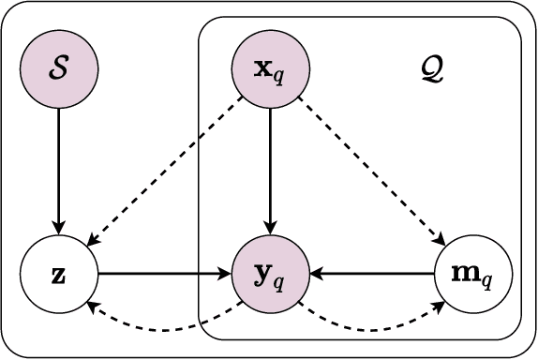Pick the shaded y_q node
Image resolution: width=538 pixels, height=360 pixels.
(x=270, y=274)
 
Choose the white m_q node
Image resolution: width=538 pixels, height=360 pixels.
(x=473, y=274)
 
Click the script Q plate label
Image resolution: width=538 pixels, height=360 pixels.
(x=433, y=70)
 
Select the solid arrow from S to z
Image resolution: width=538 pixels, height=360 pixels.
(x=59, y=169)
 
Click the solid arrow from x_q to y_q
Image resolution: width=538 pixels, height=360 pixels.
(x=270, y=169)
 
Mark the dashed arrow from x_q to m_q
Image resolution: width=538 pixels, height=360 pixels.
(x=370, y=170)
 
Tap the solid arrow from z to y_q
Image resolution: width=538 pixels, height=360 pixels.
(x=164, y=274)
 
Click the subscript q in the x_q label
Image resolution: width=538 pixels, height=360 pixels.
(x=279, y=75)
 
